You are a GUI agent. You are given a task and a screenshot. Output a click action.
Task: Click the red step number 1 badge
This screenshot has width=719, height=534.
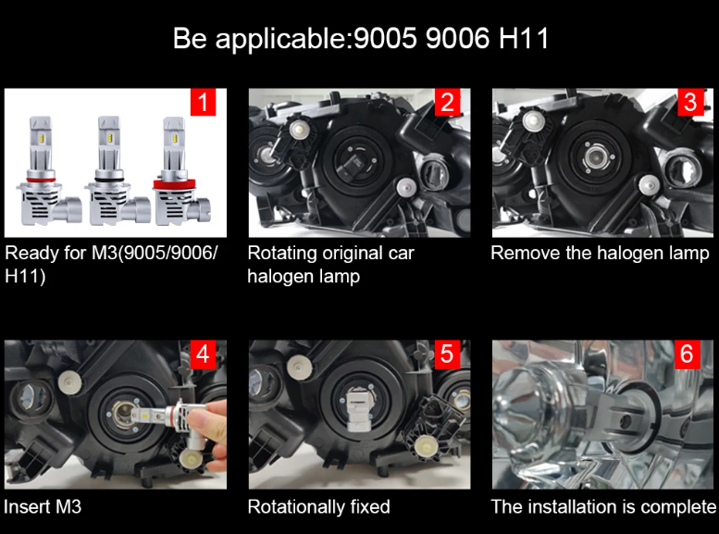point(203,102)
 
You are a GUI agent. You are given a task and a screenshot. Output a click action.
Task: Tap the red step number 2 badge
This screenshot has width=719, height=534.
point(447,102)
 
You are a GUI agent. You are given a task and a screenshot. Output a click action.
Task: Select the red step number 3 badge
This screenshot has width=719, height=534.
point(690,102)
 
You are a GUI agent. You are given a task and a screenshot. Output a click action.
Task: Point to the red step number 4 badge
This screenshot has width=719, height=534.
point(203,354)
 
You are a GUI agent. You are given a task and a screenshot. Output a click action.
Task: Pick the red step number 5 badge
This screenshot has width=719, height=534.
point(447,354)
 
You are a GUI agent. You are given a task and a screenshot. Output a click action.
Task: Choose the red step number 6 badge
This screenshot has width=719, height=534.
point(687,354)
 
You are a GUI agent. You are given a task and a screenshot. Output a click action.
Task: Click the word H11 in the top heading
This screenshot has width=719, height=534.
point(523,38)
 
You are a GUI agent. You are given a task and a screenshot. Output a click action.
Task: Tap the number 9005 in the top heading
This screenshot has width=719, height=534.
point(386,38)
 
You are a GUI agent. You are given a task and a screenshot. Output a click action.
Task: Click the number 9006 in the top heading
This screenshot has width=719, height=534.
point(457,38)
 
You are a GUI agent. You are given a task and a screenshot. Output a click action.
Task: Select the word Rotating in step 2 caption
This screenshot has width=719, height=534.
point(282,254)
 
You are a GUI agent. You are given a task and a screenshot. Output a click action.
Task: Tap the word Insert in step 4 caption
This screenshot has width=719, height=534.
point(27,507)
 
